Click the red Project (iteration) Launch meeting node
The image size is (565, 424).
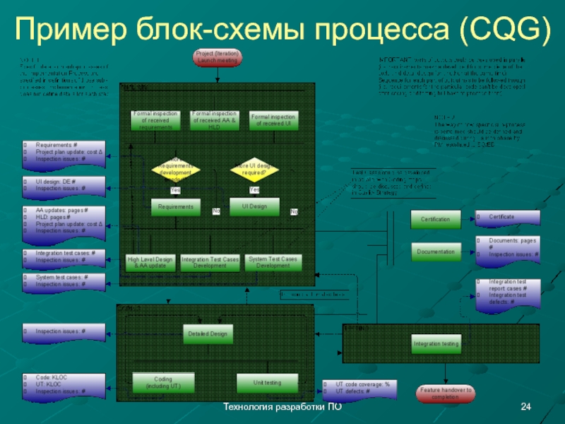point(217,57)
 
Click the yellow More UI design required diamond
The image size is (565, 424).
point(255,170)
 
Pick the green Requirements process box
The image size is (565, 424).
point(176,206)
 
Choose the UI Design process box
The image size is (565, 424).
point(254,206)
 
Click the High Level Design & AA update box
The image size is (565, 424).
point(150,262)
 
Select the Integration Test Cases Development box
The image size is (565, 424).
point(210,262)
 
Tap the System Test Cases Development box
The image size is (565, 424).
point(273,262)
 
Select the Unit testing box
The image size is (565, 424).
point(268,382)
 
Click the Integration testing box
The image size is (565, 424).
point(436,344)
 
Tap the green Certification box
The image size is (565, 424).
point(435,220)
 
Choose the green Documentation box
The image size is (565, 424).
point(435,251)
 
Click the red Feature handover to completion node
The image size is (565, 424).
point(446,393)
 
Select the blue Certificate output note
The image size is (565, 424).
point(504,217)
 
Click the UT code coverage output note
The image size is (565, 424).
point(359,387)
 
